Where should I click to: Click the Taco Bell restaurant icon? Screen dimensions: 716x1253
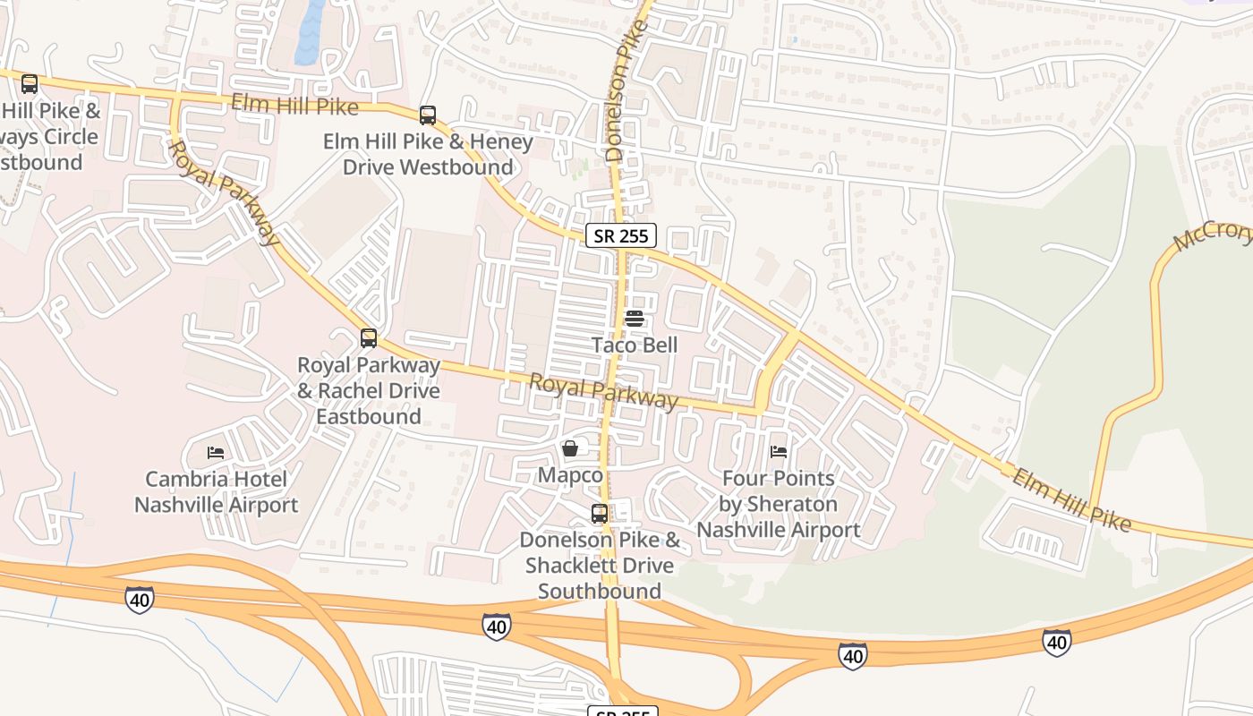pos(635,319)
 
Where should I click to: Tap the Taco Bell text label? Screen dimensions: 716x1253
pos(635,345)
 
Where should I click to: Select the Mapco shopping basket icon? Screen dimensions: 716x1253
pos(570,448)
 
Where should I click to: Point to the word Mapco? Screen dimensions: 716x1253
pos(570,475)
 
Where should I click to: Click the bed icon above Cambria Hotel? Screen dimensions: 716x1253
pos(216,453)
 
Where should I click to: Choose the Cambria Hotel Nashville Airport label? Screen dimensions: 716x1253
pos(216,491)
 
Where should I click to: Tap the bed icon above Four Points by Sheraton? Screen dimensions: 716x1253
pos(779,453)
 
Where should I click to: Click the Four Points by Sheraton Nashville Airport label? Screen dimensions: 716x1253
pos(779,504)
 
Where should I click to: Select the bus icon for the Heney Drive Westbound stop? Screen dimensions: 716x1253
pos(428,115)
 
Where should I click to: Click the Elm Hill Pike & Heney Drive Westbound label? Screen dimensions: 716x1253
pos(428,154)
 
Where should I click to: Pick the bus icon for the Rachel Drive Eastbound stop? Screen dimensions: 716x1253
pos(369,338)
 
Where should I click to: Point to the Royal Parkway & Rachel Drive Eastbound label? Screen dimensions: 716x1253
pos(369,390)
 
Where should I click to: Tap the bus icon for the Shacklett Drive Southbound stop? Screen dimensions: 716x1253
pos(600,514)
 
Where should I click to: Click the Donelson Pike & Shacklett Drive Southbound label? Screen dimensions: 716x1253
pos(600,565)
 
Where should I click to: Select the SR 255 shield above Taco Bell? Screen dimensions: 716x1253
pos(622,235)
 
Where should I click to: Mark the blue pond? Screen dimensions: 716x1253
pos(310,32)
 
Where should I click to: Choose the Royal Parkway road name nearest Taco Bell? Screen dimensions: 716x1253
pos(603,390)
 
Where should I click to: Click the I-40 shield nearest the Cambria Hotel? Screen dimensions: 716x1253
pos(139,600)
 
